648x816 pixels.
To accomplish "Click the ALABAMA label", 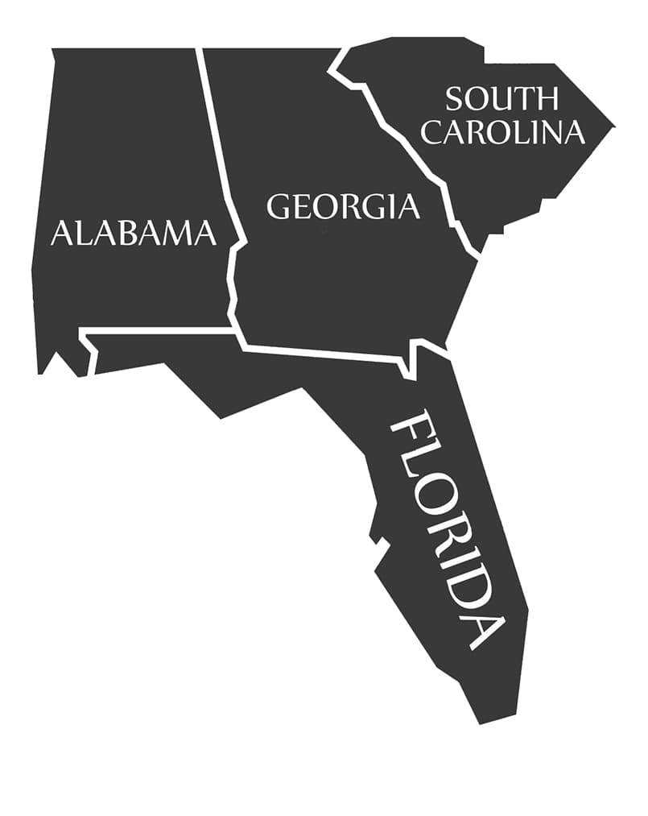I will [x=133, y=233].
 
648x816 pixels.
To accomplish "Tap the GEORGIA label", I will [x=343, y=206].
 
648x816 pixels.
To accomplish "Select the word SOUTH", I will [x=501, y=99].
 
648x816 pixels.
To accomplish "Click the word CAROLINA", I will [x=502, y=132].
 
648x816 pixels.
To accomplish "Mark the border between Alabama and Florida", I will [x=161, y=331].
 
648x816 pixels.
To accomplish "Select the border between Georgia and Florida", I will [x=322, y=354].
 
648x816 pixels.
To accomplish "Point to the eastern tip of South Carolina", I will [x=613, y=126].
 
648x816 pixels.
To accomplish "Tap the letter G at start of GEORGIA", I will [x=279, y=207].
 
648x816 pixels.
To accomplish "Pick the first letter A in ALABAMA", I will [x=60, y=234].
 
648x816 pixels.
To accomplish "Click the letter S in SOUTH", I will [x=455, y=99].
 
